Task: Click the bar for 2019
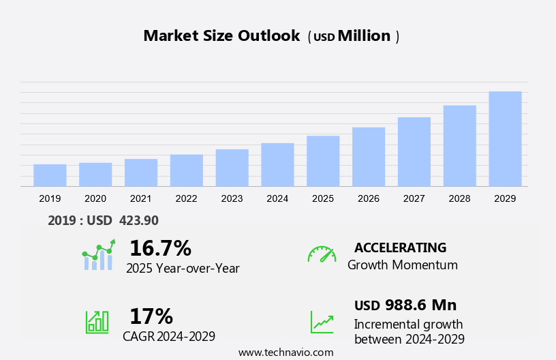pyautogui.click(x=50, y=175)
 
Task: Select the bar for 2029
pyautogui.click(x=505, y=139)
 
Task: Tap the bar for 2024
pyautogui.click(x=277, y=164)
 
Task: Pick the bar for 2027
pyautogui.click(x=414, y=151)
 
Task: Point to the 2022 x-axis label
pyautogui.click(x=186, y=198)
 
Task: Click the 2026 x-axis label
pyautogui.click(x=369, y=198)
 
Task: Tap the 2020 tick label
pyautogui.click(x=95, y=198)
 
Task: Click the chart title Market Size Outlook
pyautogui.click(x=221, y=36)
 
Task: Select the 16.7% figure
pyautogui.click(x=160, y=247)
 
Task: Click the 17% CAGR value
pyautogui.click(x=151, y=316)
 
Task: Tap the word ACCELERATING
pyautogui.click(x=400, y=247)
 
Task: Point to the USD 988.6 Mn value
pyautogui.click(x=405, y=305)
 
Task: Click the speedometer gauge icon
pyautogui.click(x=322, y=254)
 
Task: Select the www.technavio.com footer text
pyautogui.click(x=285, y=352)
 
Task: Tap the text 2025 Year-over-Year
pyautogui.click(x=183, y=268)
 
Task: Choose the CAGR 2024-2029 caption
pyautogui.click(x=169, y=336)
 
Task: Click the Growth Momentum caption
pyautogui.click(x=402, y=265)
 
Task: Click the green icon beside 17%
pyautogui.click(x=97, y=322)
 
